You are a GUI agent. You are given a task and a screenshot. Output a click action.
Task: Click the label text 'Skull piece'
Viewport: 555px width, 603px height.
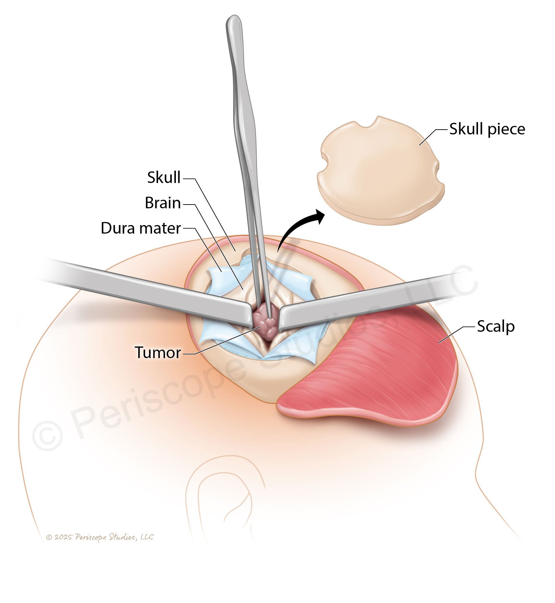(x=487, y=129)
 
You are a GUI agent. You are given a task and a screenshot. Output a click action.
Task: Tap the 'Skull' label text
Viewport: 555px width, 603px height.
(x=164, y=178)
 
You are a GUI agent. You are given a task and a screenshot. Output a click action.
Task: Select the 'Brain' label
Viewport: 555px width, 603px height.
(x=163, y=203)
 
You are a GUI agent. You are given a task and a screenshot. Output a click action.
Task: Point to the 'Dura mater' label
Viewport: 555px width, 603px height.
(x=141, y=228)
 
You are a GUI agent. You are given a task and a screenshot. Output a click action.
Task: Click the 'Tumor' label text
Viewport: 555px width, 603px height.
(x=158, y=353)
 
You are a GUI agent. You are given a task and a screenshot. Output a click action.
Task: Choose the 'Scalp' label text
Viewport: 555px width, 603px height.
(x=495, y=326)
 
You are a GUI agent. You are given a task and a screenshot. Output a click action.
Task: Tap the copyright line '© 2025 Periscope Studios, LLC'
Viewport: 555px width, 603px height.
(x=100, y=537)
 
